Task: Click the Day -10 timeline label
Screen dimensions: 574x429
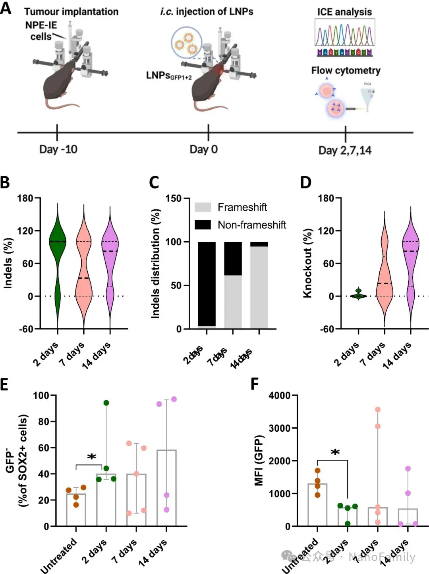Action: (x=58, y=149)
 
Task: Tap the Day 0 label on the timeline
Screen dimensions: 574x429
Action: (x=203, y=149)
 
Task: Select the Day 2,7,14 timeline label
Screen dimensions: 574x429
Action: (x=345, y=150)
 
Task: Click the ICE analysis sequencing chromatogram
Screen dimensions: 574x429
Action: (x=344, y=33)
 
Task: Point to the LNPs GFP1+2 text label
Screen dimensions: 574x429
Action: (x=168, y=76)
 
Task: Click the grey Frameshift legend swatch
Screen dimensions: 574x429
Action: (x=203, y=207)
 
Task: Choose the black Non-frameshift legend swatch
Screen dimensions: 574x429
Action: (x=203, y=225)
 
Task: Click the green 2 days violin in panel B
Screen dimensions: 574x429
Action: (x=58, y=242)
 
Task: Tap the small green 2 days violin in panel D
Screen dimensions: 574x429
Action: (x=358, y=295)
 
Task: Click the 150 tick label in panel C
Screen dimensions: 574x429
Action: (x=173, y=198)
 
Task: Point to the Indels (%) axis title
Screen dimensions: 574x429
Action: (x=8, y=263)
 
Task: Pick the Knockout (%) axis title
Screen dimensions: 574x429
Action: (x=307, y=263)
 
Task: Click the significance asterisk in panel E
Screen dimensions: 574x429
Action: (x=92, y=458)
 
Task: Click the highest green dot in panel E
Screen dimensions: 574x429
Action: (x=106, y=403)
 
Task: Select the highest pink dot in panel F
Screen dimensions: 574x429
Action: (x=377, y=409)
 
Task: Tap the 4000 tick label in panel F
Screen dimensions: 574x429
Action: (x=280, y=396)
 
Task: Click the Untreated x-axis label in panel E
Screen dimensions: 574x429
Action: (x=58, y=555)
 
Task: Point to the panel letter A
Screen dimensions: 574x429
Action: (x=6, y=8)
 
